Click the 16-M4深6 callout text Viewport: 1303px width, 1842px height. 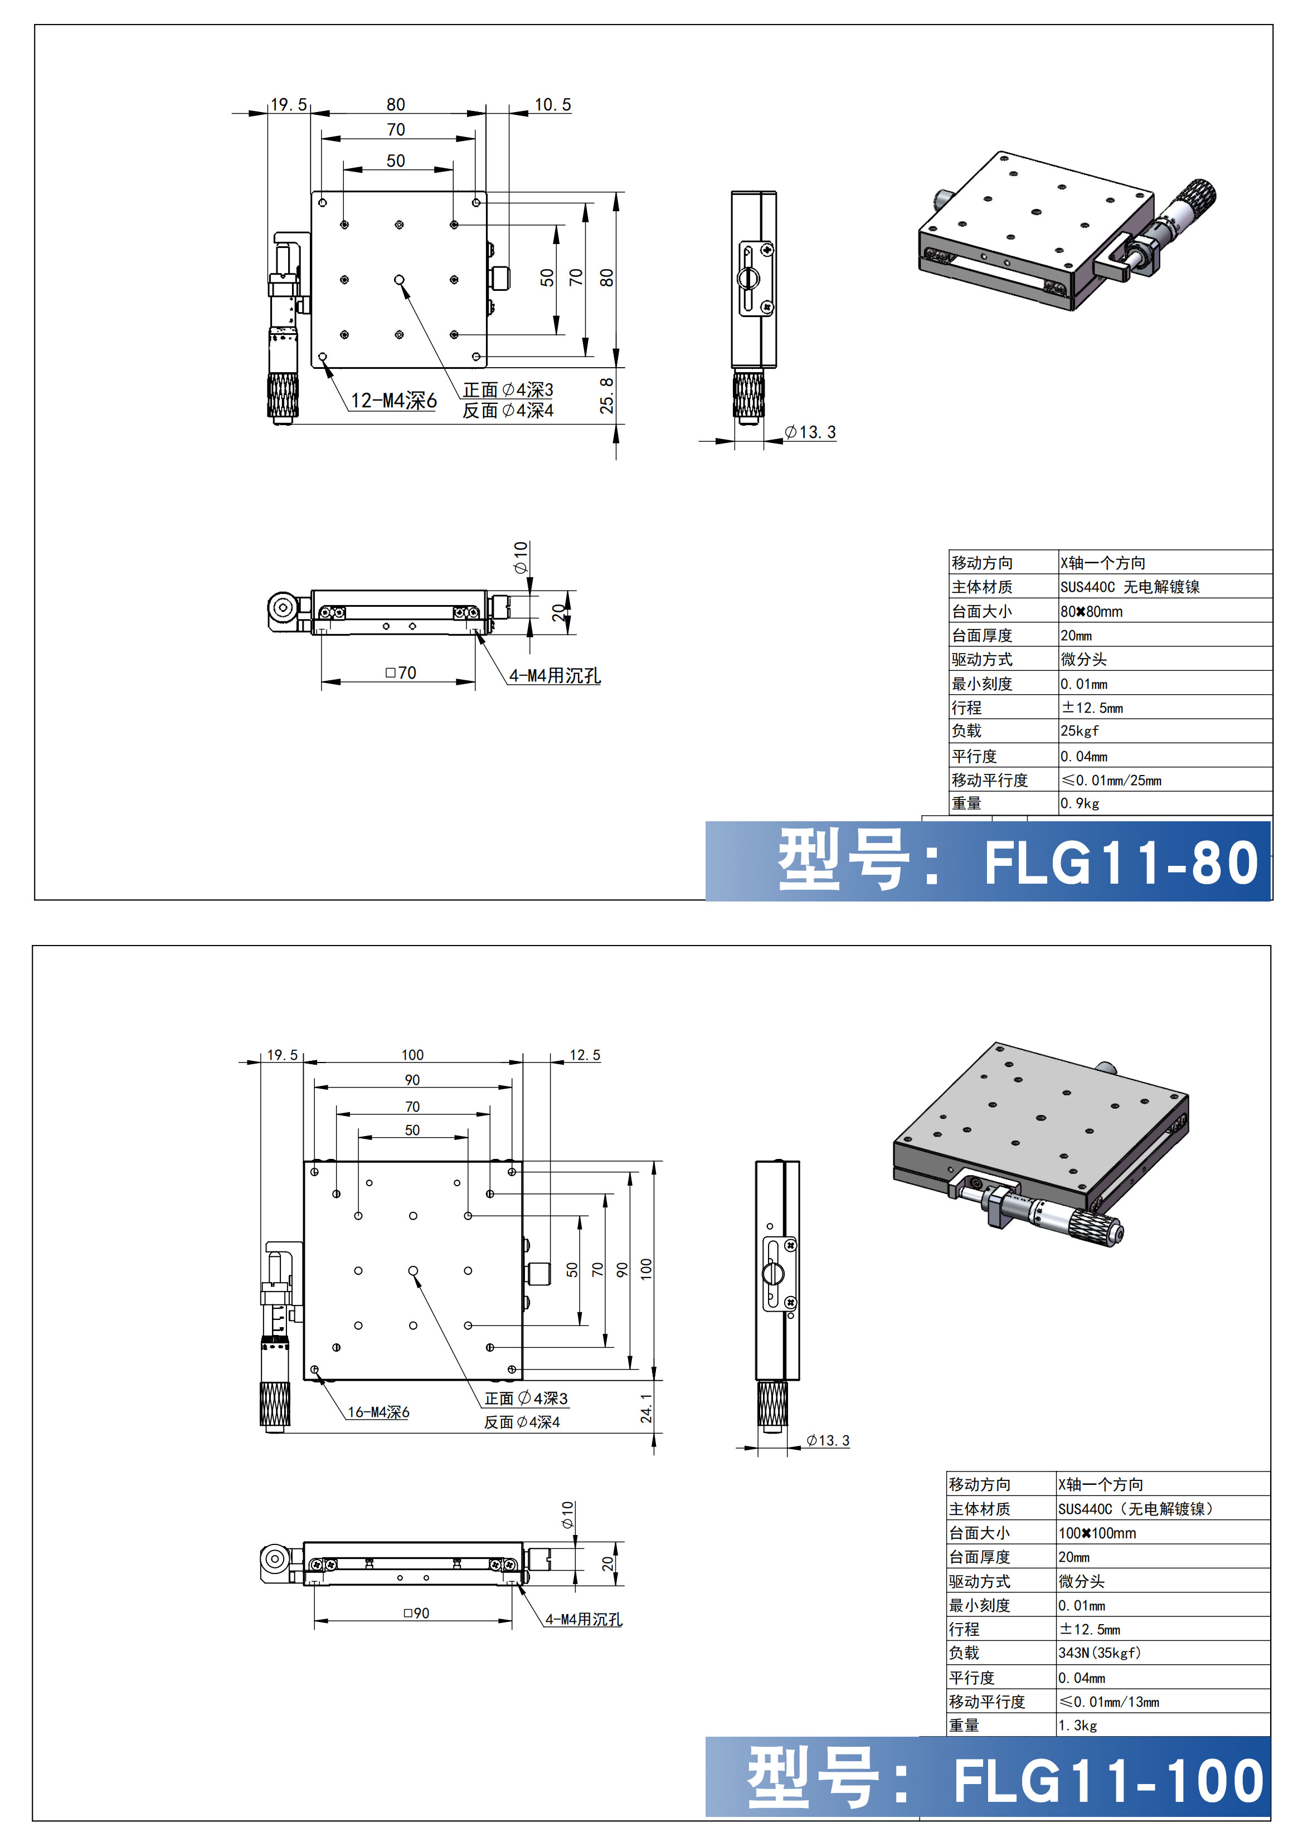coord(378,1412)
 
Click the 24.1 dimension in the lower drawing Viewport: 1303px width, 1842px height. coord(646,1408)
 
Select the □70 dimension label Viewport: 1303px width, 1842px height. coord(400,673)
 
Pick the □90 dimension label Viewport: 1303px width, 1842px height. coord(416,1612)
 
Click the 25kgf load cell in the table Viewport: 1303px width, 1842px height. coord(1079,731)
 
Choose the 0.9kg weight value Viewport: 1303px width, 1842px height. coord(1079,803)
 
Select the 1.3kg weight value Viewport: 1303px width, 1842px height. coord(1077,1725)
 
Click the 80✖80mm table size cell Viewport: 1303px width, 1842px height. coord(1091,611)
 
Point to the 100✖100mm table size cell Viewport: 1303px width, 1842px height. coord(1097,1533)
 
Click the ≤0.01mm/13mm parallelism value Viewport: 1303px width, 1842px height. coord(1109,1702)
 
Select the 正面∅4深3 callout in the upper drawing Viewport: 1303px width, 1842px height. coord(508,390)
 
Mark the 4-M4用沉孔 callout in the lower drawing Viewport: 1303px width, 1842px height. coord(584,1620)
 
